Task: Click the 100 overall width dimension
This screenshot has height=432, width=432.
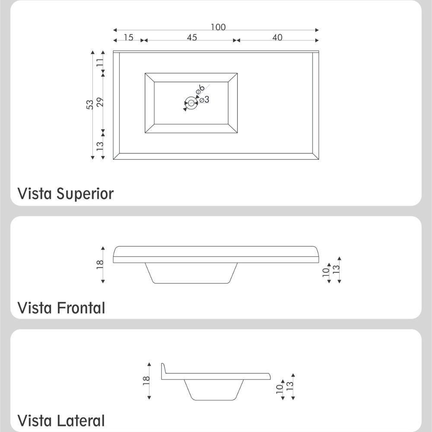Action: [218, 27]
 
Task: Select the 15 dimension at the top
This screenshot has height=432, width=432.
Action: [128, 38]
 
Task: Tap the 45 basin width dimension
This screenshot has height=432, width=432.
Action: [192, 38]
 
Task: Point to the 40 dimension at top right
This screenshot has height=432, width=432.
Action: [277, 38]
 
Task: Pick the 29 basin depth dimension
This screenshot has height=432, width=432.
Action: [100, 102]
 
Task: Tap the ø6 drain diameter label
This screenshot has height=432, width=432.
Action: [200, 89]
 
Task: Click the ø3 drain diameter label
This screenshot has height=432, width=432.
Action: [204, 100]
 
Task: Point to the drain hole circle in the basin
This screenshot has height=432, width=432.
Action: [191, 103]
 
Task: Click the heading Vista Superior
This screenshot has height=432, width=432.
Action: [65, 194]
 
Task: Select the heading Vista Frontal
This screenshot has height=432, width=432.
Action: [61, 308]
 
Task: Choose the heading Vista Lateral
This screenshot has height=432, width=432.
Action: [61, 420]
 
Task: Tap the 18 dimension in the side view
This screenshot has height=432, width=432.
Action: [146, 380]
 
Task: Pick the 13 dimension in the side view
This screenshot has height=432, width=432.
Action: [290, 384]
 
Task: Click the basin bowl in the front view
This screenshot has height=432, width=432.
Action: [191, 273]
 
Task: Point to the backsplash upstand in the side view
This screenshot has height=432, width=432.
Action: [163, 371]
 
